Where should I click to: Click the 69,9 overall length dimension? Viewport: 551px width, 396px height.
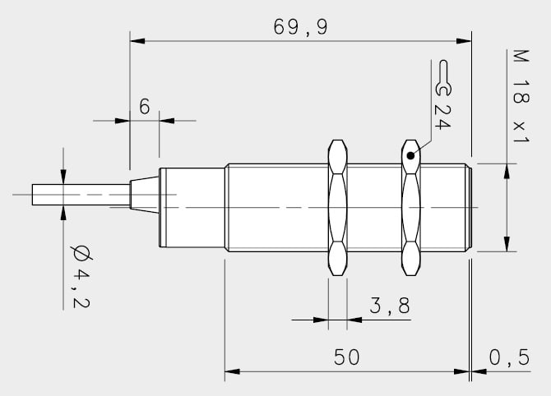point(300,28)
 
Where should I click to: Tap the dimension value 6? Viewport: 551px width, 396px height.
point(145,106)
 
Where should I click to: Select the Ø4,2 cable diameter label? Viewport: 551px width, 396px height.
point(81,276)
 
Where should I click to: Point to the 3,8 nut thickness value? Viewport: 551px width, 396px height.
point(390,306)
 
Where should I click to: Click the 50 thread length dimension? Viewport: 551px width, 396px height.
point(346,357)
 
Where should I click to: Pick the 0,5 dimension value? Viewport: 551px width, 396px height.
point(509,357)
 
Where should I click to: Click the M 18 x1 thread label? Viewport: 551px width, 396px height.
point(521,96)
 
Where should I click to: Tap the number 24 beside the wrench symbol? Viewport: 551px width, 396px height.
point(442,117)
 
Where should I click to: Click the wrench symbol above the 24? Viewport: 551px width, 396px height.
point(443,78)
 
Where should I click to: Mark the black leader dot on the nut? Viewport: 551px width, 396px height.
point(410,155)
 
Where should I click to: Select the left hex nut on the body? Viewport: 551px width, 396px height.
point(337,208)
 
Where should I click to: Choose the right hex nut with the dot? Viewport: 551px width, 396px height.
point(411,208)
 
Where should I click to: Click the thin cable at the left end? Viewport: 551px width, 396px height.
point(81,195)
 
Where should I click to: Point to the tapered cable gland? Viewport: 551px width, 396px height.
point(145,195)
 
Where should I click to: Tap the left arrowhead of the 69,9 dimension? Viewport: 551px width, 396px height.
point(137,41)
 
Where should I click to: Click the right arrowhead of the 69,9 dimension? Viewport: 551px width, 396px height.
point(464,41)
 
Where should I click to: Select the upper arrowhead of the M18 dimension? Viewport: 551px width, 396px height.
point(507,172)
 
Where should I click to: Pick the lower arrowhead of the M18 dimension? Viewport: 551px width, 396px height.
point(507,244)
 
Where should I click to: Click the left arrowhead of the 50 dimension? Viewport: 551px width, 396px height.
point(232,371)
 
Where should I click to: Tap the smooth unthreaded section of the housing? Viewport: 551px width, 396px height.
point(192,208)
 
